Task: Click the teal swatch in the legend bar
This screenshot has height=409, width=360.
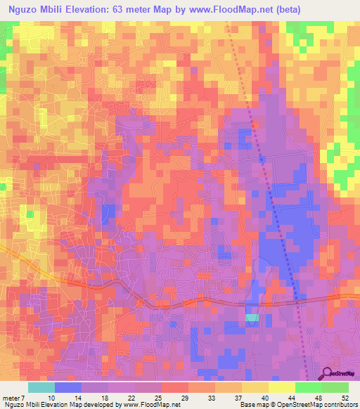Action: coord(41,387)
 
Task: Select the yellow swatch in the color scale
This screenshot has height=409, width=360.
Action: coord(255,387)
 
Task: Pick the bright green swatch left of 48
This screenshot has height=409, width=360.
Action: coord(309,387)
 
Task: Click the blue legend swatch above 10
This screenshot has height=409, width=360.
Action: coord(68,387)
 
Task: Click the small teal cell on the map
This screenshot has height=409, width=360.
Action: coord(252,318)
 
